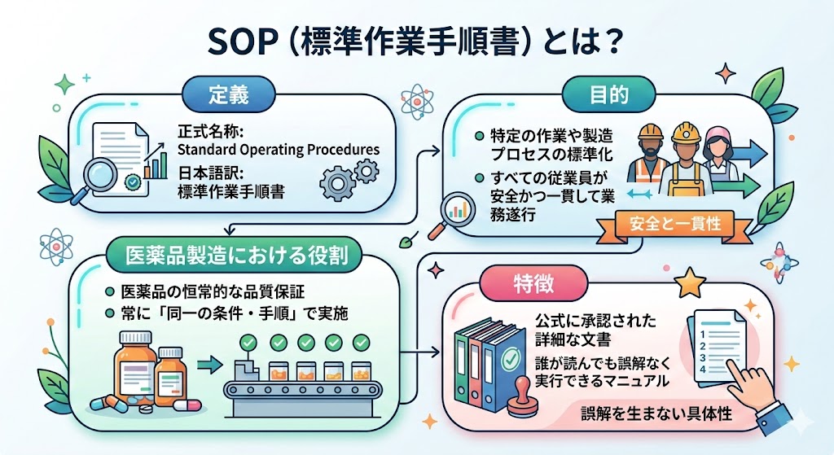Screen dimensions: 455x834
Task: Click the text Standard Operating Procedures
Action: click(279, 150)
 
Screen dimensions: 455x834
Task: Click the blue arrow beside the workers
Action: click(748, 151)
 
